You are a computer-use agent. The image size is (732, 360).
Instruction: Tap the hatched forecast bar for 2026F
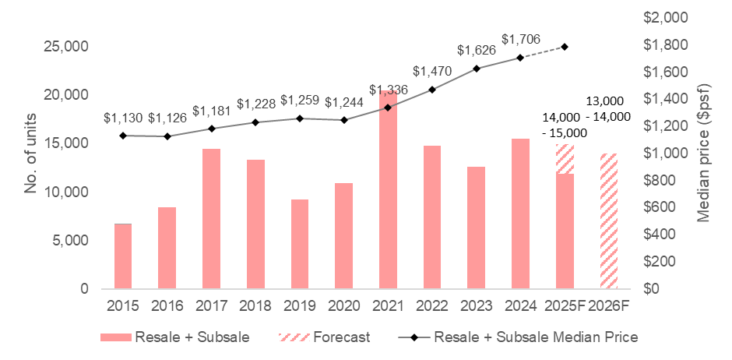pos(608,221)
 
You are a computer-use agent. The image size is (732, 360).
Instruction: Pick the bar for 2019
pos(300,244)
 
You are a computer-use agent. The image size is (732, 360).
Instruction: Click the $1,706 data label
pos(521,39)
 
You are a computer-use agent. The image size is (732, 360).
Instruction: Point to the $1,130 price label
pos(123,118)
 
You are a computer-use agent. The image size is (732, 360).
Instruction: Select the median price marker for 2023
pos(477,69)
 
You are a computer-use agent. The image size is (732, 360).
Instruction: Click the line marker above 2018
pos(255,122)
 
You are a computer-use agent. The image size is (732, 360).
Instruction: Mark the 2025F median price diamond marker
pos(565,47)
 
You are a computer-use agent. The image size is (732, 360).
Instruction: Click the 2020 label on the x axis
pos(344,305)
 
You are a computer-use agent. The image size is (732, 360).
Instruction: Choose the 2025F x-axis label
pos(565,305)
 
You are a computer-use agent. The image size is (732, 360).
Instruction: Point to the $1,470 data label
pos(433,71)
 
